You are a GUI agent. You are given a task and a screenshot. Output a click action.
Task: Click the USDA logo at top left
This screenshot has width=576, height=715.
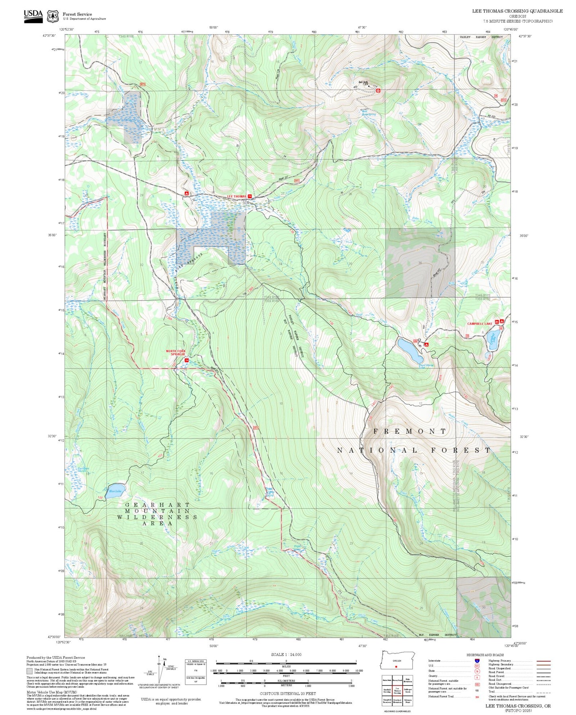point(33,16)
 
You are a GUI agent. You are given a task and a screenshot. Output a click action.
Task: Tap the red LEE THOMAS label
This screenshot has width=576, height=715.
point(237,196)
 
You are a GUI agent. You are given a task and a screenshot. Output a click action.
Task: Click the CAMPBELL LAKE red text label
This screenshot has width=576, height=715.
point(480,324)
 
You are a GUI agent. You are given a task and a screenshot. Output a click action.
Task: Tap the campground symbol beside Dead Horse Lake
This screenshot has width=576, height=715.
point(426,344)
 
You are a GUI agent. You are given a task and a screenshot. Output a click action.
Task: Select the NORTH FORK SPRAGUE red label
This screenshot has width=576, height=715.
point(176,353)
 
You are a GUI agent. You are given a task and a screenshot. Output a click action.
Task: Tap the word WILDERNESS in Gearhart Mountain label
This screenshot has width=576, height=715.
point(157,517)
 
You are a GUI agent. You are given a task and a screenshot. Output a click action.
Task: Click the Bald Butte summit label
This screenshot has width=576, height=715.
point(363,82)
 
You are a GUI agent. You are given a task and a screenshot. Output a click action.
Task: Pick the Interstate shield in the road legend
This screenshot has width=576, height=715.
point(477,660)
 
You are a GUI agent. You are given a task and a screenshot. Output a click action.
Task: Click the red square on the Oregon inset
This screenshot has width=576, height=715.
point(396,666)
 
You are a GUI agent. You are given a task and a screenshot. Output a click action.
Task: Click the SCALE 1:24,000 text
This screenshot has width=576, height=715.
point(286,654)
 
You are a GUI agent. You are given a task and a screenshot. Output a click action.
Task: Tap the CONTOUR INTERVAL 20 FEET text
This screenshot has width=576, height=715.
point(287,693)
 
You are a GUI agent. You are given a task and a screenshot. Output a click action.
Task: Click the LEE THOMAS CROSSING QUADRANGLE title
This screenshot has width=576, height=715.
point(517,11)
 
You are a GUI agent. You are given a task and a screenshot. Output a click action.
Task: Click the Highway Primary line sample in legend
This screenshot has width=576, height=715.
point(543,660)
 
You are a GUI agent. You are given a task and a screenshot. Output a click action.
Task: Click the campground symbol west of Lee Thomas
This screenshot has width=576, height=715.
point(186,193)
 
